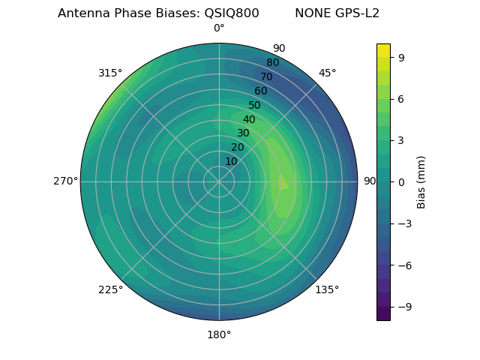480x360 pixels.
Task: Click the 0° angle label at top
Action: click(x=219, y=28)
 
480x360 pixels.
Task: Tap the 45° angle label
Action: click(x=327, y=73)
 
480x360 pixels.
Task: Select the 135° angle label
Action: click(x=327, y=289)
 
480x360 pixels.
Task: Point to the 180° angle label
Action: click(x=219, y=334)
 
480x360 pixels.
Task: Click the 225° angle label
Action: click(x=110, y=290)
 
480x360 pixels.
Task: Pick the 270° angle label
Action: click(x=65, y=181)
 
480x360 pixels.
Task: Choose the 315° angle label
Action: click(x=110, y=73)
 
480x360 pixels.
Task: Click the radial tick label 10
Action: click(x=231, y=161)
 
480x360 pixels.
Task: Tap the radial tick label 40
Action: click(x=249, y=119)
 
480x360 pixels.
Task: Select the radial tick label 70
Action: click(x=266, y=76)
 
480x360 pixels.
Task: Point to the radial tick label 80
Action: click(x=272, y=62)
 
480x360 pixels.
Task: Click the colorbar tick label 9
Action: click(x=400, y=56)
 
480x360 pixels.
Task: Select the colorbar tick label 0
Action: click(x=400, y=181)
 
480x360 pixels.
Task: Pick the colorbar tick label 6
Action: click(x=400, y=98)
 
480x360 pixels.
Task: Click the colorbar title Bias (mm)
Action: click(x=421, y=181)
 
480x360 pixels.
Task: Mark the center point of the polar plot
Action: click(x=219, y=181)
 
